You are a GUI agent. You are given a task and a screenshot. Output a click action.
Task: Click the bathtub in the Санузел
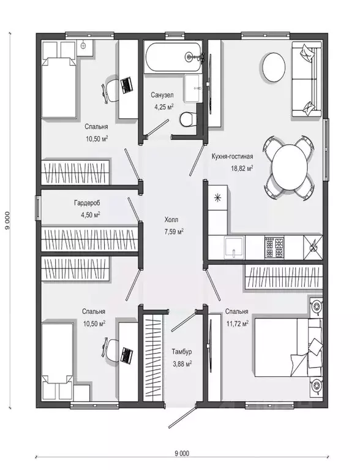click(173, 57)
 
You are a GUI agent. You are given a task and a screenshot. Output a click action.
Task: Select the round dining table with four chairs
click(290, 167)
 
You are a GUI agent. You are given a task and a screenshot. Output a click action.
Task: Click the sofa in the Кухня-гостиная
click(307, 79)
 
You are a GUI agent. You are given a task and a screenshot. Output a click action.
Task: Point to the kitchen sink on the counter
click(234, 248)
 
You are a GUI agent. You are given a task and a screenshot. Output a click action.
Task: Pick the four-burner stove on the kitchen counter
click(274, 247)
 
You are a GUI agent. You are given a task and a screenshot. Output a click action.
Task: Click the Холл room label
click(171, 220)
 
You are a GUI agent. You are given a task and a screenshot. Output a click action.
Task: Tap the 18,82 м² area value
click(242, 168)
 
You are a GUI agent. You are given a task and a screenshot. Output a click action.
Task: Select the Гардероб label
click(87, 203)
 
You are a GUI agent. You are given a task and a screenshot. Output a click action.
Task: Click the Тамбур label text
click(182, 352)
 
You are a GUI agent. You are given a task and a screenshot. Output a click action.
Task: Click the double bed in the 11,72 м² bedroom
click(289, 347)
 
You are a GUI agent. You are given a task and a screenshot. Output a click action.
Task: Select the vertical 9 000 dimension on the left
click(7, 221)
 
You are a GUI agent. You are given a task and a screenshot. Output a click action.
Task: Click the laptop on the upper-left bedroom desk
click(127, 85)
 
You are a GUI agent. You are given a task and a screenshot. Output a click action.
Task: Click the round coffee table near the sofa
click(274, 67)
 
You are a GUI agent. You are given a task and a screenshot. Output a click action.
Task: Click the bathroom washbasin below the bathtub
click(192, 88)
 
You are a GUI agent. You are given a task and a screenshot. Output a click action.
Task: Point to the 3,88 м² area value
click(182, 363)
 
